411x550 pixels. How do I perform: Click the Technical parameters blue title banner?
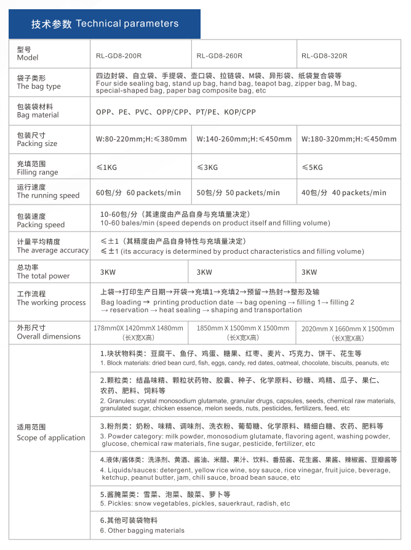[x=105, y=24]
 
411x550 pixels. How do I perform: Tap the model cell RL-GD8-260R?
[x=219, y=55]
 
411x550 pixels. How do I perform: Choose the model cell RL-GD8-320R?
[x=324, y=55]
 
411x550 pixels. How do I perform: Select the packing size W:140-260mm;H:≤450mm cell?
[x=244, y=139]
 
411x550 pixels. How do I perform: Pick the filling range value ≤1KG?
[x=106, y=167]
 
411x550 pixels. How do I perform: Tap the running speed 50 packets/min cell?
[x=237, y=193]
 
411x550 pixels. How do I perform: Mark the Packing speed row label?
[x=41, y=220]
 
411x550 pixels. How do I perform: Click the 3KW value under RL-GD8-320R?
[x=309, y=272]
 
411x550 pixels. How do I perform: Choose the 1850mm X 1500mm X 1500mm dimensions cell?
[x=242, y=333]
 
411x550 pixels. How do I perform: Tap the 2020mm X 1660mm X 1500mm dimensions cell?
[x=348, y=333]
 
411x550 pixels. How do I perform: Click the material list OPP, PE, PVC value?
[x=175, y=113]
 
